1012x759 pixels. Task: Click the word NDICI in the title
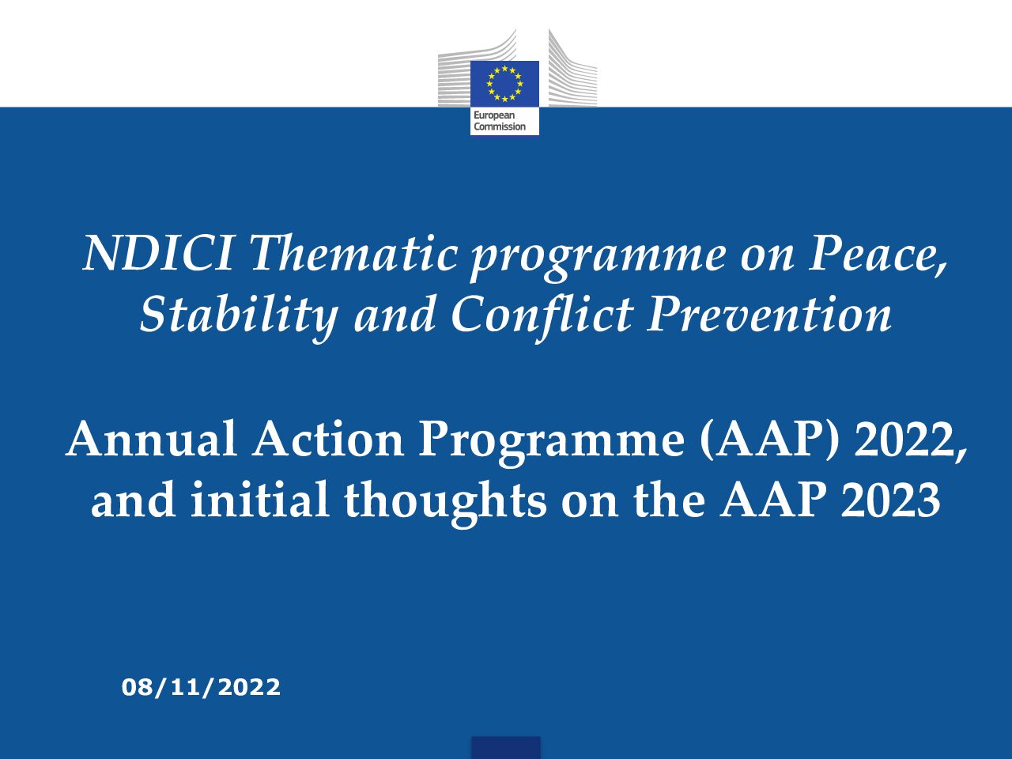157,253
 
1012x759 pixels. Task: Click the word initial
259,499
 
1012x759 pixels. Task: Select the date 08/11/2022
201,688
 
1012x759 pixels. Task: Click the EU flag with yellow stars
505,84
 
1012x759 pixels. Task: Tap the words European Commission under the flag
500,121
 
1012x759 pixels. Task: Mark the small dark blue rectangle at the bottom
506,747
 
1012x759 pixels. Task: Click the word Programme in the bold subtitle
551,441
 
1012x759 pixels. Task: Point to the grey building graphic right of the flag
572,68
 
